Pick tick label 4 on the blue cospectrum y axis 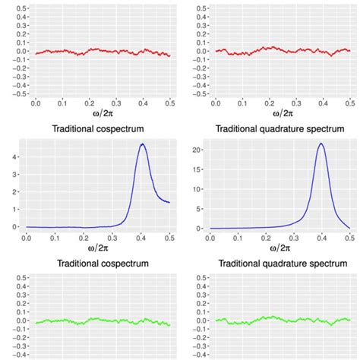16,157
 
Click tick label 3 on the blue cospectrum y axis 16,175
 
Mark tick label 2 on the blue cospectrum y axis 16,192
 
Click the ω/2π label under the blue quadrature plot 281,248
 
